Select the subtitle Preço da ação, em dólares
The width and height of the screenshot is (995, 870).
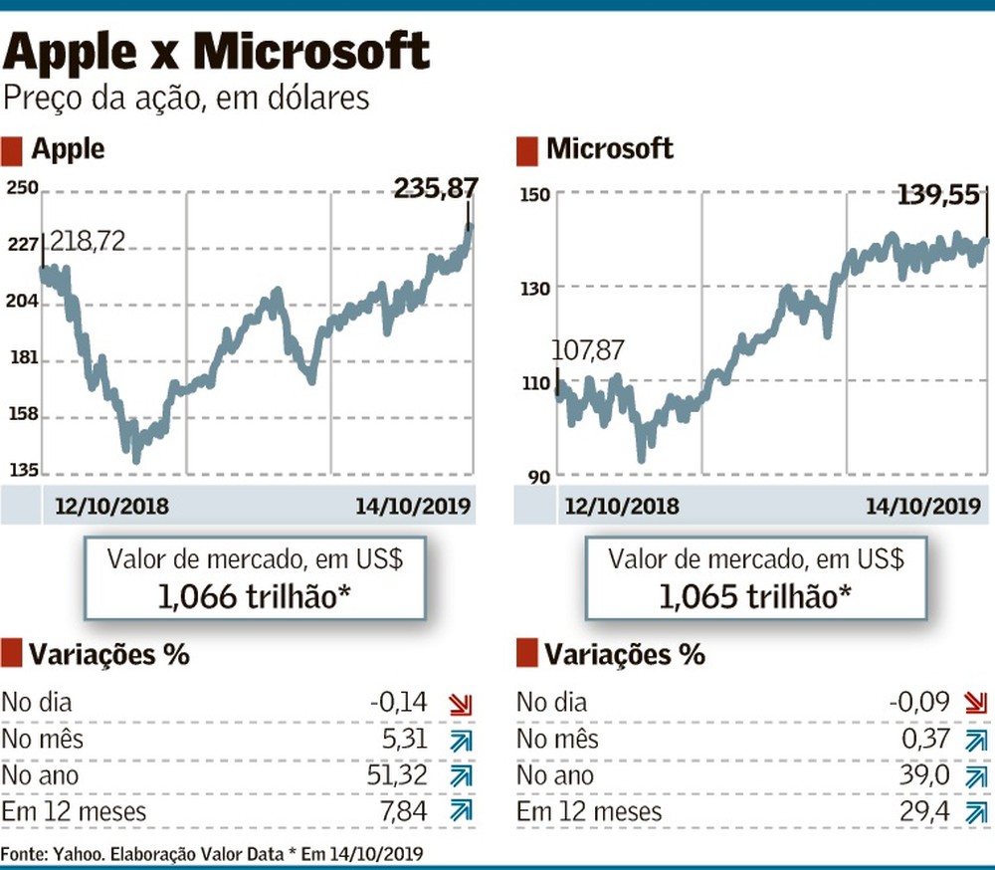(187, 99)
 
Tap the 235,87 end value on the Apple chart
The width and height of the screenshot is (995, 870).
(436, 188)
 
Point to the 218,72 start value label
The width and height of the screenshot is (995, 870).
(88, 241)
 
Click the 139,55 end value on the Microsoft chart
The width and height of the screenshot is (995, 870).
(935, 196)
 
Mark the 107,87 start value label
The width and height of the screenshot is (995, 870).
(587, 350)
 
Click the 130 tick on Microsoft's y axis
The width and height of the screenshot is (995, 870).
(535, 289)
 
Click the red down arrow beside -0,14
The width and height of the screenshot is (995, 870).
(460, 705)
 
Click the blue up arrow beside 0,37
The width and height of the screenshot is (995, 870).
(975, 741)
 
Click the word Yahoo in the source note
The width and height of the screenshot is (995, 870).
(71, 853)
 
